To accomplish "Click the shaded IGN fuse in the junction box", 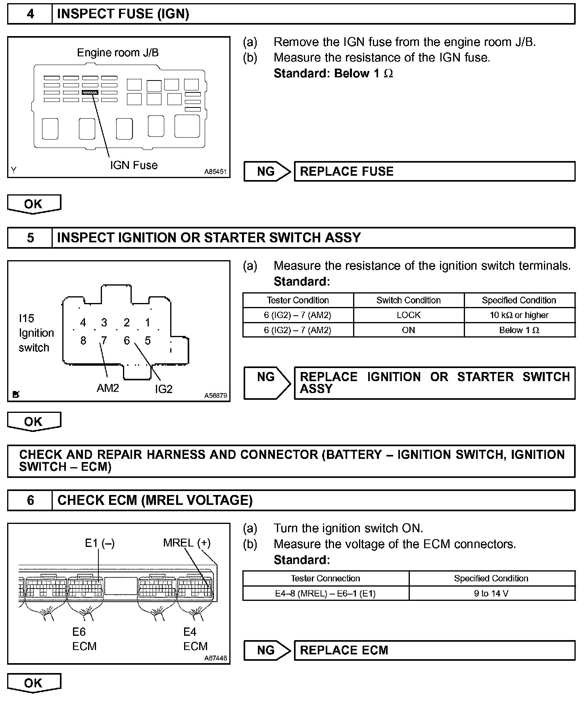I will point(90,92).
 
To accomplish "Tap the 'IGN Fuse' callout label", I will point(134,165).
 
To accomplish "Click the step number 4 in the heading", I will point(30,14).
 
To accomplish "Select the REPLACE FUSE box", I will point(434,171).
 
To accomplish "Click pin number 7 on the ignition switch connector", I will point(104,341).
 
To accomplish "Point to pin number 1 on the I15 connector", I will point(148,322).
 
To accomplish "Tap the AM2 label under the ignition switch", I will point(108,388).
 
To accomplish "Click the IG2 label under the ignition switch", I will point(163,389).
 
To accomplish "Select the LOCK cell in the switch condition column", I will point(409,315).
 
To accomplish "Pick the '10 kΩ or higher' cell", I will point(519,315).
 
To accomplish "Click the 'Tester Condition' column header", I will point(298,300).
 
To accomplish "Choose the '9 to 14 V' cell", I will point(491,593).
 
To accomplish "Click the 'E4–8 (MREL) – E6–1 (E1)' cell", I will point(325,593).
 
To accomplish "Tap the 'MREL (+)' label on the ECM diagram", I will point(186,543).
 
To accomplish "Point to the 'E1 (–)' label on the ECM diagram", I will point(100,543).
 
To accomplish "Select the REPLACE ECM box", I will point(434,650).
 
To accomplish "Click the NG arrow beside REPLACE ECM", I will point(267,650).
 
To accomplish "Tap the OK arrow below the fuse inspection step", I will point(34,204).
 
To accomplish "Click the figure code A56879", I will point(215,395).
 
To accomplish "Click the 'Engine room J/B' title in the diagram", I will point(117,52).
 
